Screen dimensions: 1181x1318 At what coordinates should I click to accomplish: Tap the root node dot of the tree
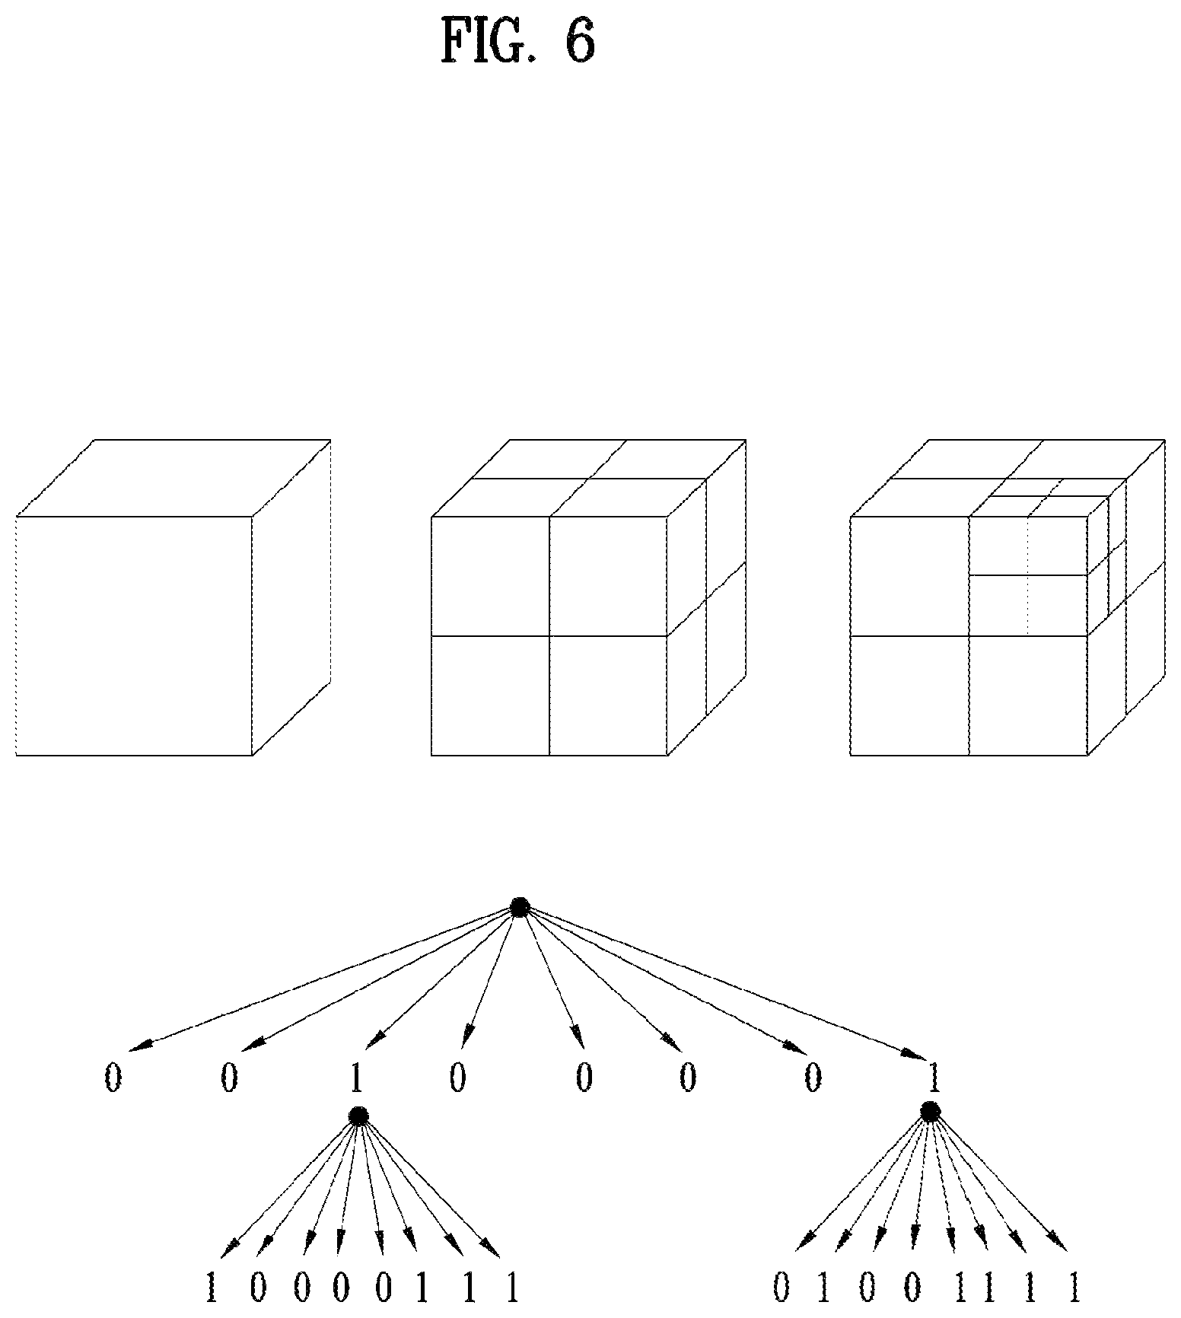coord(520,907)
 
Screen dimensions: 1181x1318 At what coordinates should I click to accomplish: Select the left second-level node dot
coord(358,1116)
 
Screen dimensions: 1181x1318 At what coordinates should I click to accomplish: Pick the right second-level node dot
coord(929,1112)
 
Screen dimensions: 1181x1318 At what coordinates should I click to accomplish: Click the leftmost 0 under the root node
coord(113,1078)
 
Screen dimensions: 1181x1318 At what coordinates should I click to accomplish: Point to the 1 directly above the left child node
coord(355,1078)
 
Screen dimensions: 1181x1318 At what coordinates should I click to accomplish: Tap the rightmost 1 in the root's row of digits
coord(934,1078)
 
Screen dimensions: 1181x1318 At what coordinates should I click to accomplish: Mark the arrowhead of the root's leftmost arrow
coord(139,1045)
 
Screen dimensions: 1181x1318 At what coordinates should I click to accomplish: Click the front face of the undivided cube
coord(134,636)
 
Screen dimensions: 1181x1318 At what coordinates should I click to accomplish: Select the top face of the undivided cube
coord(173,478)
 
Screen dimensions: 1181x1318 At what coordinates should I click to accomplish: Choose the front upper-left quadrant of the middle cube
coord(490,576)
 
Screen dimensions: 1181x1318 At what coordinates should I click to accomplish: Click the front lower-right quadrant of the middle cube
coord(608,696)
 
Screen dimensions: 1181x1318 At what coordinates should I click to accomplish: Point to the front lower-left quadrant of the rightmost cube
coord(909,696)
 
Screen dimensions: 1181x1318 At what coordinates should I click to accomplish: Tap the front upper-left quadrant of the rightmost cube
coord(909,576)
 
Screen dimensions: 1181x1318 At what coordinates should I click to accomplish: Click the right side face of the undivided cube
coord(291,597)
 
